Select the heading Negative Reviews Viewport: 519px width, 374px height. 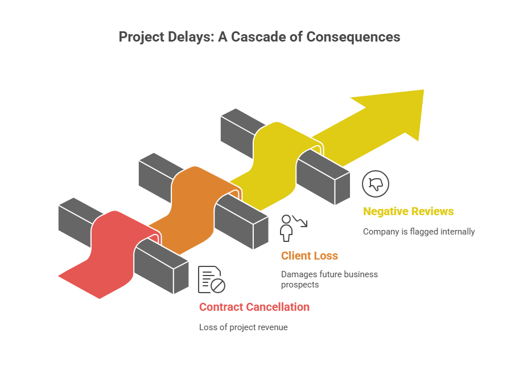[x=408, y=212]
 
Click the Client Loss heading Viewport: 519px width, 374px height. [x=310, y=256]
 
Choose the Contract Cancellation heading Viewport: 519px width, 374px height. [x=254, y=307]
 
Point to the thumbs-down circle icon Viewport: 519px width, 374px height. [x=376, y=184]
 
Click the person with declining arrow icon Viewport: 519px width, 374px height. [x=293, y=228]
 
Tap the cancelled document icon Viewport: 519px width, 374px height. [x=212, y=280]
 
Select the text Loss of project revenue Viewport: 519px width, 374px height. [x=244, y=327]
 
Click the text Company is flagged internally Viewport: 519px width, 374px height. [x=419, y=232]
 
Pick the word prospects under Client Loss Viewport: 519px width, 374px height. [x=300, y=285]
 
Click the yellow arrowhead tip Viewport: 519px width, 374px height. [x=423, y=90]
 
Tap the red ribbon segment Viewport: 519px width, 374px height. [x=109, y=255]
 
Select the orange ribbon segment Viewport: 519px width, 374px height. [x=195, y=212]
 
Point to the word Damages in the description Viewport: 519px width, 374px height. [x=296, y=274]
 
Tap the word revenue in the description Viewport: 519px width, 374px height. [x=273, y=328]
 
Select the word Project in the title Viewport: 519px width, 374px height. [x=141, y=38]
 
